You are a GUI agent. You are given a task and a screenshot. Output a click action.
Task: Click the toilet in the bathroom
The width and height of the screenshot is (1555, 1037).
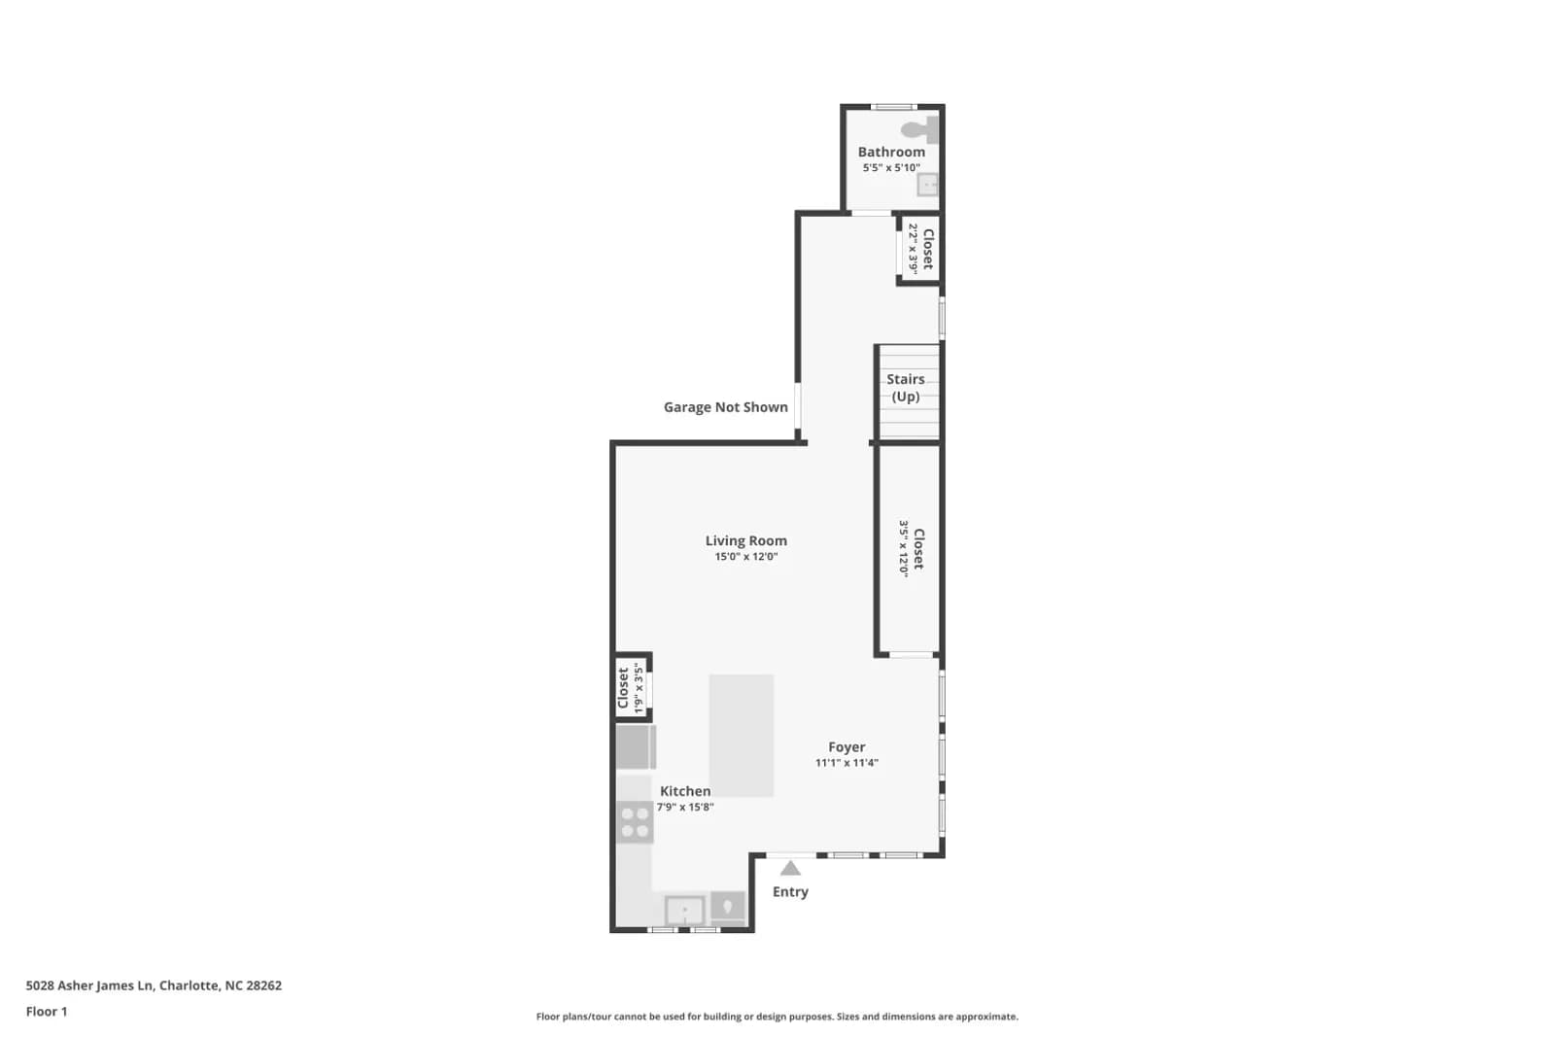pyautogui.click(x=920, y=130)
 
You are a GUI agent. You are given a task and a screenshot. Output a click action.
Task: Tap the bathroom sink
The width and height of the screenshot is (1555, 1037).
pyautogui.click(x=927, y=185)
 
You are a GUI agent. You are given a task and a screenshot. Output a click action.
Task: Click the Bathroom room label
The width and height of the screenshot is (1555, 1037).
pyautogui.click(x=891, y=152)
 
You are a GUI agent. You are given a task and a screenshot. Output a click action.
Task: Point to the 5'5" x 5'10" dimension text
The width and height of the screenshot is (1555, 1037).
pyautogui.click(x=891, y=167)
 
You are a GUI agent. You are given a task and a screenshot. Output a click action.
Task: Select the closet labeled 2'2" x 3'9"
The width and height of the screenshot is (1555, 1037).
pyautogui.click(x=920, y=249)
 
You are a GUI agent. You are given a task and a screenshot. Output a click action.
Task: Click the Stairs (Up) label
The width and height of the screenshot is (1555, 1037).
pyautogui.click(x=905, y=388)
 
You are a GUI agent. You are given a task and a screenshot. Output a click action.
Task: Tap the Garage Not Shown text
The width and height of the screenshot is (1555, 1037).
pyautogui.click(x=725, y=407)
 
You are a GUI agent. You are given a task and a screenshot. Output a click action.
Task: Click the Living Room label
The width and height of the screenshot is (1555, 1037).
pyautogui.click(x=746, y=540)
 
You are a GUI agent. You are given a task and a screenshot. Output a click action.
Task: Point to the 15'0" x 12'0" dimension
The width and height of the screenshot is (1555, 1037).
pyautogui.click(x=746, y=557)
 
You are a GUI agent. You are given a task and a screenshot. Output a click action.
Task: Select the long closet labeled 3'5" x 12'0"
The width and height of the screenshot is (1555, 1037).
pyautogui.click(x=910, y=549)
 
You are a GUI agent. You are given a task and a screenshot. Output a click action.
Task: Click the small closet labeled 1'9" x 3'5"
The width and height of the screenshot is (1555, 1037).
pyautogui.click(x=633, y=687)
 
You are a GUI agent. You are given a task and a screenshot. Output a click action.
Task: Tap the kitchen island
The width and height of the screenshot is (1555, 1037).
pyautogui.click(x=741, y=735)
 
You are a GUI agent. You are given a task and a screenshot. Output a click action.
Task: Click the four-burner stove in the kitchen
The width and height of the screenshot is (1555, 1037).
pyautogui.click(x=635, y=822)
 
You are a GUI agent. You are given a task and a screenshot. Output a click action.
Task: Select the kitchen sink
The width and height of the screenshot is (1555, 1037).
pyautogui.click(x=684, y=910)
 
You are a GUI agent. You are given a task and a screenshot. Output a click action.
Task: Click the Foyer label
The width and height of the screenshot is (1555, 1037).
pyautogui.click(x=847, y=746)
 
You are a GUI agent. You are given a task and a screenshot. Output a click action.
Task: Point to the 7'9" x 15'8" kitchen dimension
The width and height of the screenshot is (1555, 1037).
pyautogui.click(x=685, y=807)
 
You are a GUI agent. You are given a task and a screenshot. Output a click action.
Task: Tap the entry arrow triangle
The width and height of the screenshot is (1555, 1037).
pyautogui.click(x=790, y=868)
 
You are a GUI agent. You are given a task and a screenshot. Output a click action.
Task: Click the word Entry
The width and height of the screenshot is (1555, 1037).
pyautogui.click(x=790, y=892)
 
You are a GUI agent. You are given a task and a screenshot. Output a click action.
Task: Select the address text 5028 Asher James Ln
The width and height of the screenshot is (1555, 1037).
pyautogui.click(x=88, y=985)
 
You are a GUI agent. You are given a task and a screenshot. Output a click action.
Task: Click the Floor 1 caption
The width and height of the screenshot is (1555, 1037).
pyautogui.click(x=47, y=1012)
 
